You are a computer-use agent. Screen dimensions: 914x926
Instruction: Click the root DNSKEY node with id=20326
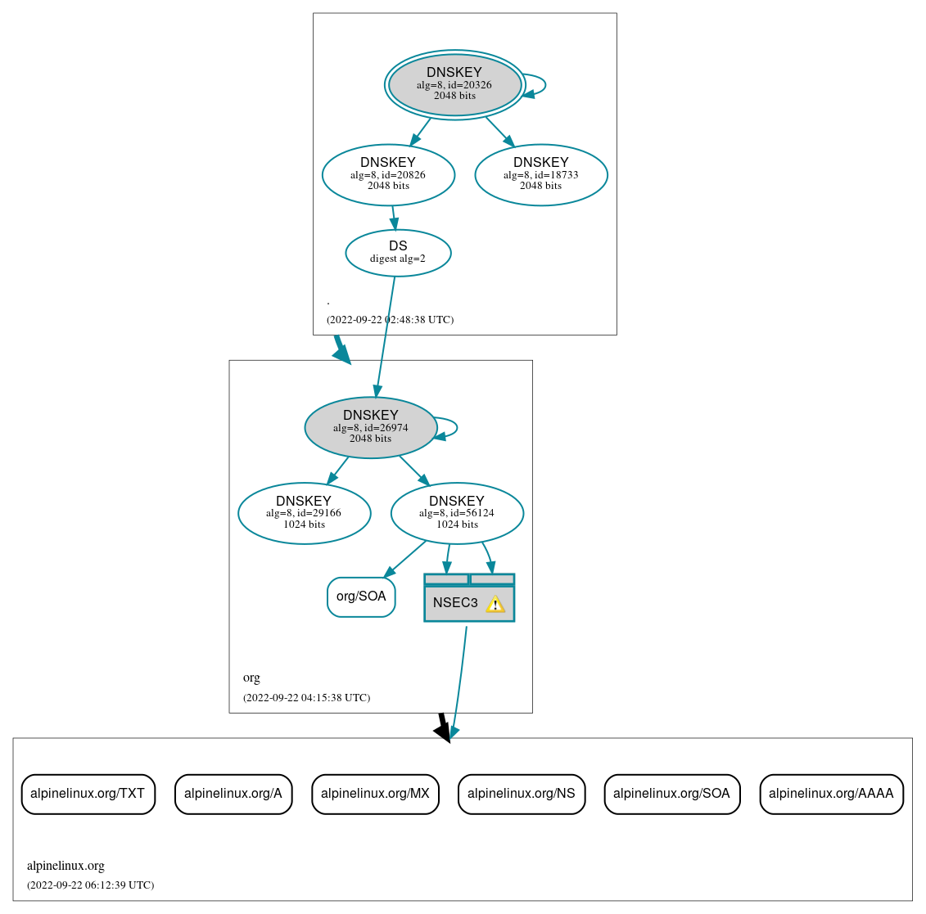point(454,84)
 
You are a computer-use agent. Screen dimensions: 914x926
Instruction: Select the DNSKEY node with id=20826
point(388,174)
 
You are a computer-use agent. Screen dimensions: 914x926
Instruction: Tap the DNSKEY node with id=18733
point(540,174)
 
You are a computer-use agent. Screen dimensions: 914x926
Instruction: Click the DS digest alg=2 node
point(398,253)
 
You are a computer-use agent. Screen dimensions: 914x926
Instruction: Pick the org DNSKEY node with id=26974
point(370,427)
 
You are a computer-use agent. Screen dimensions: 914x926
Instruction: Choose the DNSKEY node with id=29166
point(304,513)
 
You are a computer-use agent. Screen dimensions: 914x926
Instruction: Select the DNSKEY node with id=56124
point(457,513)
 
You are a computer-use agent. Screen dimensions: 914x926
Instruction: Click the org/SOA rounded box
point(361,597)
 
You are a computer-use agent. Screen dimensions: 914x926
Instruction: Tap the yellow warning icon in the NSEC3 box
point(495,605)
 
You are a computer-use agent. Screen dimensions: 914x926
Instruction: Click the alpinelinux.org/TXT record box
point(88,794)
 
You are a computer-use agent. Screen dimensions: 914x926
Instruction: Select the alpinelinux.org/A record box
point(233,794)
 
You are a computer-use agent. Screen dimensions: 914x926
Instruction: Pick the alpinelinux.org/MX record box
point(375,794)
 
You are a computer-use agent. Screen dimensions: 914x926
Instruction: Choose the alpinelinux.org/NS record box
point(522,794)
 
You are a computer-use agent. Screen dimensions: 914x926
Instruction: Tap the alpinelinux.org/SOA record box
point(671,794)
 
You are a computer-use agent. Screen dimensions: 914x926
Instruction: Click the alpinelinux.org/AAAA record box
point(831,794)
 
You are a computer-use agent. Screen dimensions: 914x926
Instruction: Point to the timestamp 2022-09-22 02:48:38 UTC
point(390,320)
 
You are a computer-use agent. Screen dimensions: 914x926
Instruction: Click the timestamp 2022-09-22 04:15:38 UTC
point(306,698)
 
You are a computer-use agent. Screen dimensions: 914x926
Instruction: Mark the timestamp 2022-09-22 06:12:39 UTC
point(90,885)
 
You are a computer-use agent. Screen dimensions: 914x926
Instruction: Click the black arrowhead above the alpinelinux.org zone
point(443,732)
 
